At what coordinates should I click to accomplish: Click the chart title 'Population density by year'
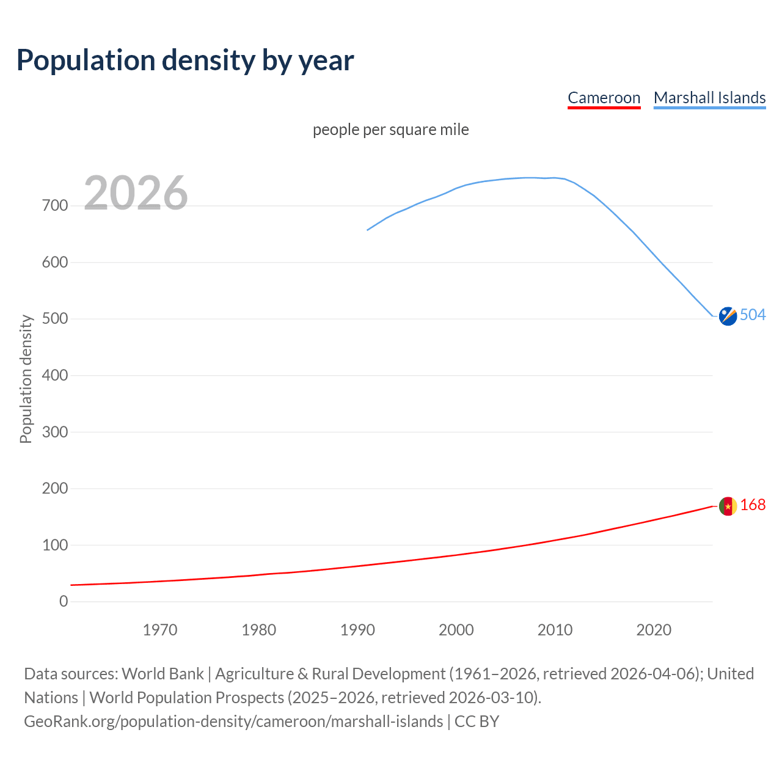(185, 60)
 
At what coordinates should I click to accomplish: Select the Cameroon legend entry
(604, 98)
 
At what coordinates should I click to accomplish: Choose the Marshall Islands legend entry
(709, 98)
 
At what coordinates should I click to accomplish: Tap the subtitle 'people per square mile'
(390, 130)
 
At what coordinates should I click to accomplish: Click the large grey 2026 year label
(136, 193)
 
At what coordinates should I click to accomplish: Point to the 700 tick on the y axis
(55, 206)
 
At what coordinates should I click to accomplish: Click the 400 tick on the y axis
(55, 375)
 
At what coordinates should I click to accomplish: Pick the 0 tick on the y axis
(64, 601)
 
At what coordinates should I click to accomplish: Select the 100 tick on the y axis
(55, 545)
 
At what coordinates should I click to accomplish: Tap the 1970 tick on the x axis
(160, 630)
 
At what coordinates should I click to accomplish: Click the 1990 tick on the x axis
(357, 630)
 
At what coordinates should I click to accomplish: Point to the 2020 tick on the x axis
(654, 630)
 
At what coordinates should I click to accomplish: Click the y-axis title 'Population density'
(26, 379)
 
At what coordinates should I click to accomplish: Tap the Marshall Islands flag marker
(728, 316)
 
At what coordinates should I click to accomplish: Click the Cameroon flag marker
(728, 506)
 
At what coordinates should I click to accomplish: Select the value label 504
(753, 315)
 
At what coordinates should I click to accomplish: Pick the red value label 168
(753, 505)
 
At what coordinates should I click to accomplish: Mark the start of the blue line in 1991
(367, 230)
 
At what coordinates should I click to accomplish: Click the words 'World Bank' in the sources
(163, 673)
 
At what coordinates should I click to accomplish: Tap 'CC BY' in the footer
(477, 721)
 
